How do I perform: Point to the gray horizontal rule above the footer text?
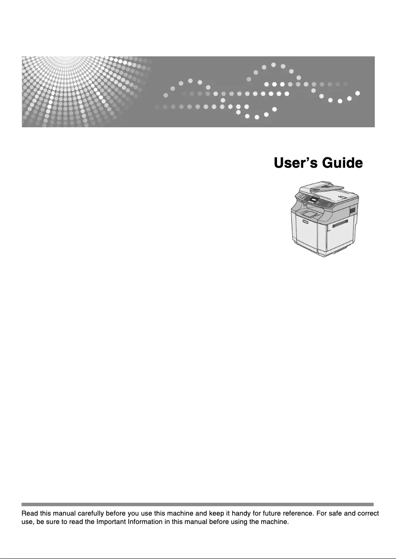(198, 504)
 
